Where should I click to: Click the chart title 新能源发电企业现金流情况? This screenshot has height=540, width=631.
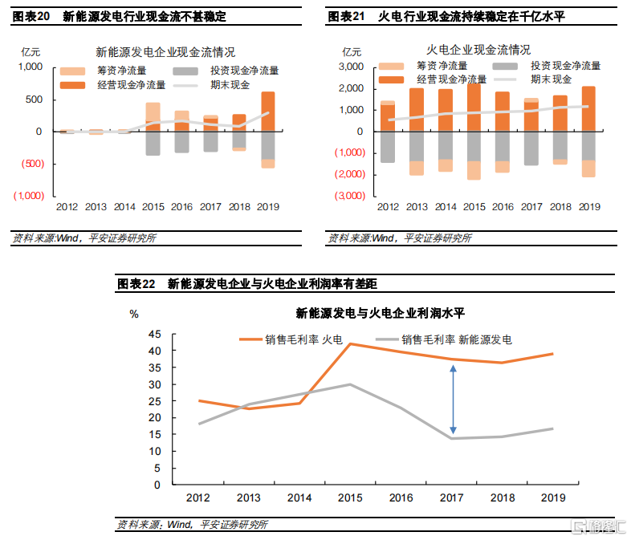165,52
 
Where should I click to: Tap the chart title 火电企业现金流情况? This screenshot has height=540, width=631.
478,50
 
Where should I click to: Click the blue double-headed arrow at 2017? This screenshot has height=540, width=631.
453,400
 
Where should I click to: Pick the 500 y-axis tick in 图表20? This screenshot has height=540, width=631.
33,99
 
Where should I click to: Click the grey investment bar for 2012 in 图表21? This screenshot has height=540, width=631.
387,146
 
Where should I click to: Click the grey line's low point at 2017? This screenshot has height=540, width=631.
453,438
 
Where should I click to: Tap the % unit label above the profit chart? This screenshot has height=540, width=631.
135,312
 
